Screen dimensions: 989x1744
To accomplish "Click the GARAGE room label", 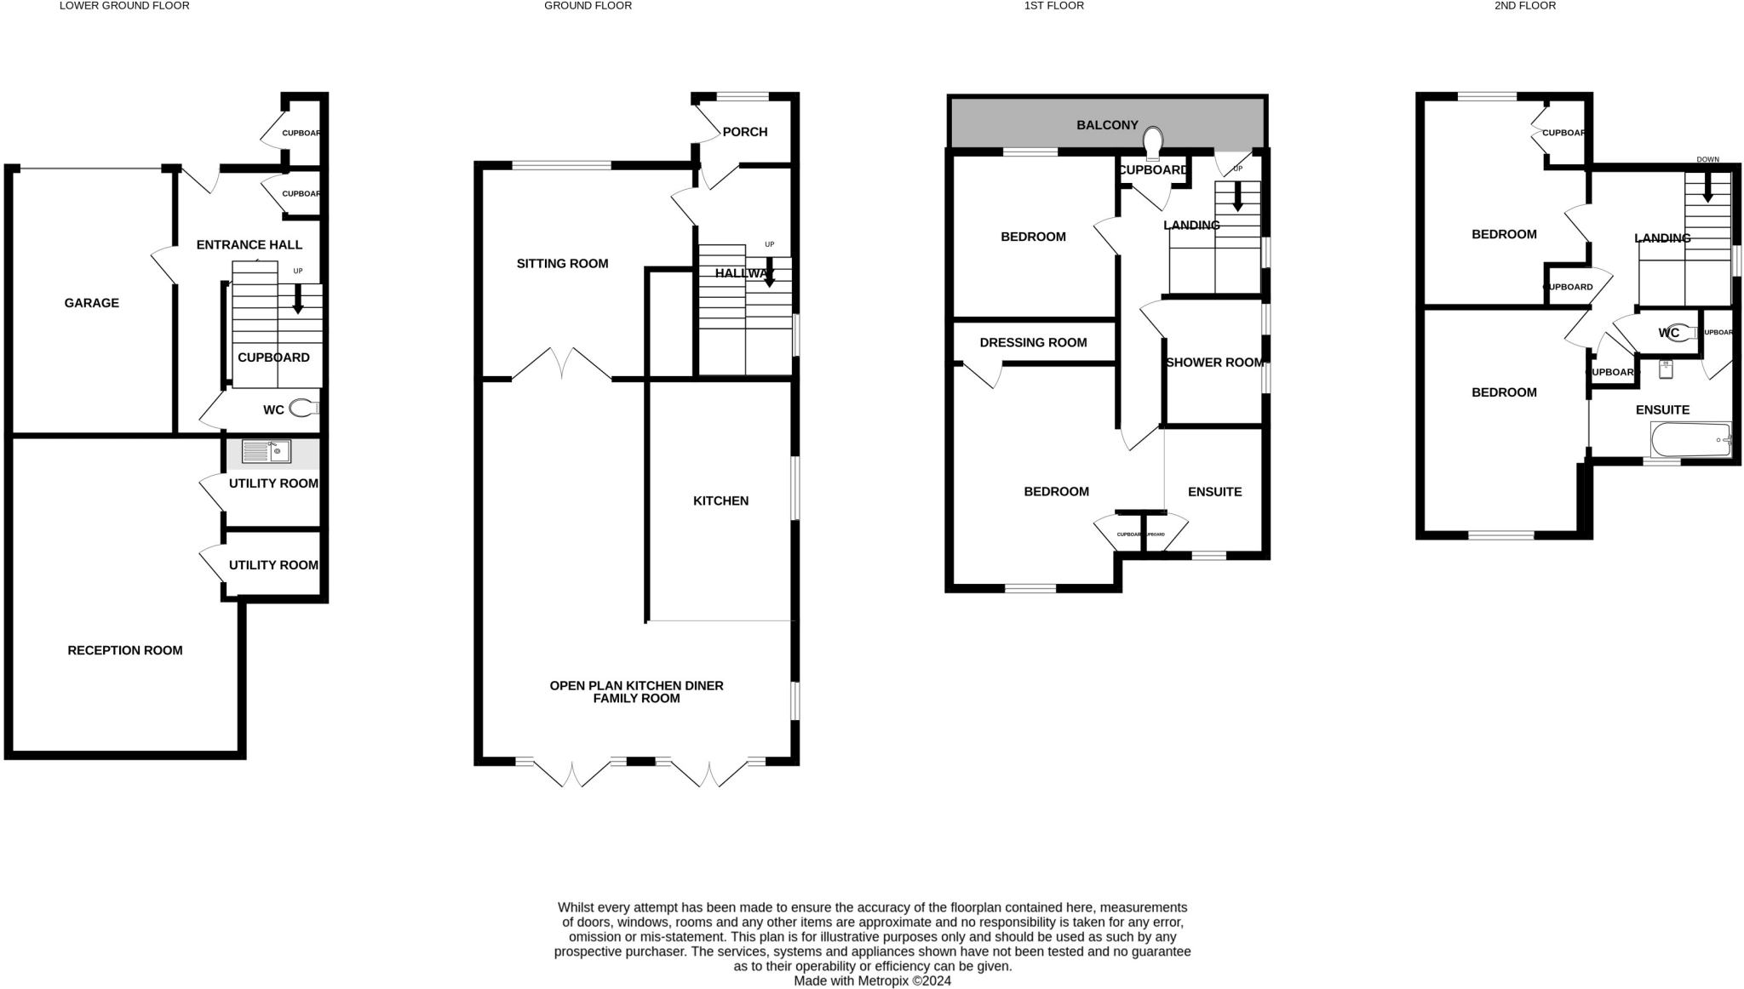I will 91,303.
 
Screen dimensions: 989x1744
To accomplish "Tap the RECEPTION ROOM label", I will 125,650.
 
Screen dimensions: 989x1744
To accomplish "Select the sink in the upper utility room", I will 266,451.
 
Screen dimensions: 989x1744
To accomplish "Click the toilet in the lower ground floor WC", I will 302,409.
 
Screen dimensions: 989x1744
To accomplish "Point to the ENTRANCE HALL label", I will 250,245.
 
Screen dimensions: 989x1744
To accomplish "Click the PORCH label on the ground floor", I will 744,132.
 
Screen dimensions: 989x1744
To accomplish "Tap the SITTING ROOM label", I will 562,264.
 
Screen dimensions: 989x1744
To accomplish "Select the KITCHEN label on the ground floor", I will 720,501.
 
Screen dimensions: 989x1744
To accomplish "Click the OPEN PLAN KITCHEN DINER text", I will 636,686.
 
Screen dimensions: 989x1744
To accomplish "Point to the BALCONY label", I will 1107,125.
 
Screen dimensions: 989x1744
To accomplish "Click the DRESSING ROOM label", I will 1033,343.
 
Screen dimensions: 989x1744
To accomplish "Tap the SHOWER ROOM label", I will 1214,363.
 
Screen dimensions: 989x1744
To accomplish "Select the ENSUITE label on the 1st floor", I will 1214,492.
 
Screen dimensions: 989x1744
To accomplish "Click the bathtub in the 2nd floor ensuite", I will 1690,440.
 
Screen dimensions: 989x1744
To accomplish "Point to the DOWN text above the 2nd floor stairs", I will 1707,159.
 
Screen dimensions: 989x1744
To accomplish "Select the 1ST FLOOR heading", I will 1054,6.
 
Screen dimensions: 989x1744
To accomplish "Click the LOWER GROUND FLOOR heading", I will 124,6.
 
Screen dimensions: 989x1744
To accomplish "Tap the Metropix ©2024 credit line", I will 872,980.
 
